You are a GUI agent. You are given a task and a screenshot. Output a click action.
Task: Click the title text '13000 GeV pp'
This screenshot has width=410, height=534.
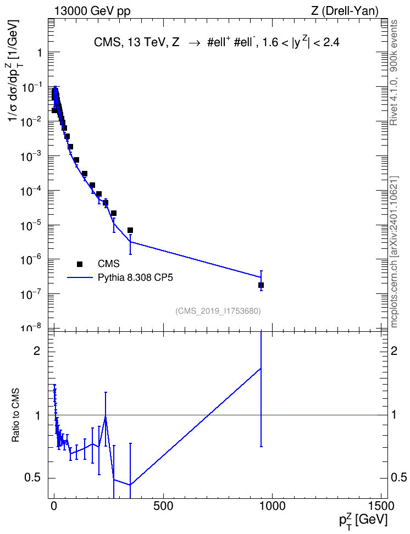coord(92,11)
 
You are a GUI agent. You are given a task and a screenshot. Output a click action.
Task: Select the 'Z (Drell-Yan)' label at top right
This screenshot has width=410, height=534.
coord(345,11)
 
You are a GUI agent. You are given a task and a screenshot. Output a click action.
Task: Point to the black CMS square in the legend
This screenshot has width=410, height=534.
coord(80,264)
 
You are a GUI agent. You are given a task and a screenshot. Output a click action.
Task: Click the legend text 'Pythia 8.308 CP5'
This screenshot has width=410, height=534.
coord(135,277)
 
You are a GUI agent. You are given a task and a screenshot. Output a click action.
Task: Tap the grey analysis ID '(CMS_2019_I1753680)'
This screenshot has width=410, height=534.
coord(218,311)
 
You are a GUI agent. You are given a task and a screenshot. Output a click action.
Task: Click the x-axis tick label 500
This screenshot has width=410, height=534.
coord(163,506)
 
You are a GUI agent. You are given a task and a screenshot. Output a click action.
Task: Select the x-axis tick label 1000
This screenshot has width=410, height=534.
coord(272,506)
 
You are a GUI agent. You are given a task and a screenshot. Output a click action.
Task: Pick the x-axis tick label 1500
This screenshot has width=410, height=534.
coord(381,506)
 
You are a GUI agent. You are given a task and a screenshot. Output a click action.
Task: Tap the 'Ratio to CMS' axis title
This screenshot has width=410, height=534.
coord(16,415)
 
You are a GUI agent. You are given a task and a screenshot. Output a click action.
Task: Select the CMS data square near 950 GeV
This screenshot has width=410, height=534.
coord(261,285)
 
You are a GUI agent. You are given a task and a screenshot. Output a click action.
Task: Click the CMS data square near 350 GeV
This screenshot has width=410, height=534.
coord(130,230)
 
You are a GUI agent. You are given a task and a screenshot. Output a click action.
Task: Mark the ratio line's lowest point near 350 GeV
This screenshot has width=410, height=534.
coord(130,485)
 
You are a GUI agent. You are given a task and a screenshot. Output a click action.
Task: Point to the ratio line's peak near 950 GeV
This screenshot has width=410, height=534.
coord(261,368)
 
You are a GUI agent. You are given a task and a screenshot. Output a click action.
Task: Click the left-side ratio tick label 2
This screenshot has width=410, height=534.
coord(36,351)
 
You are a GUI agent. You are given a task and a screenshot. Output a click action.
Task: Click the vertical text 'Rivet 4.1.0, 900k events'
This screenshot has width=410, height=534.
coord(394,73)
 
